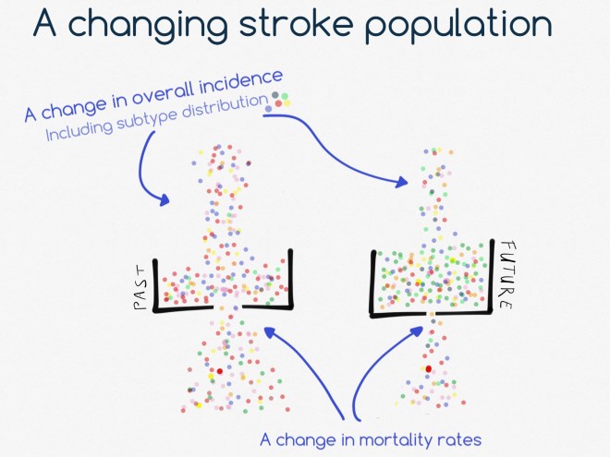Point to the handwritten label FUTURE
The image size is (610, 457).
tap(505, 275)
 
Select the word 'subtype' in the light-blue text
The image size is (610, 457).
tap(145, 117)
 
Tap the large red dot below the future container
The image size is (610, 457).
tap(428, 369)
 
